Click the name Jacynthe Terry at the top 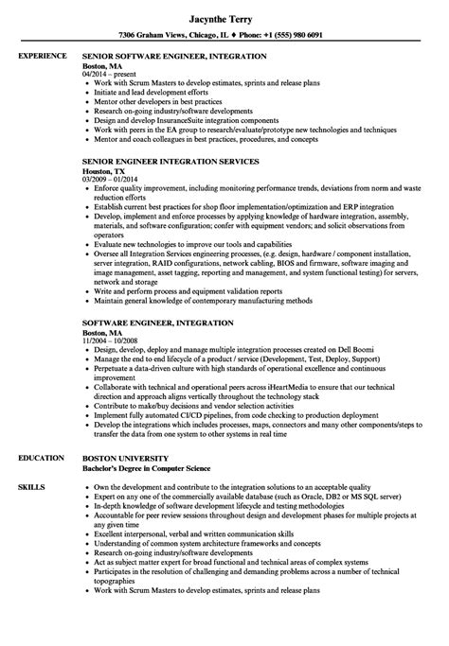pyautogui.click(x=224, y=15)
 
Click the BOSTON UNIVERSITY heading pyautogui.click(x=132, y=457)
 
